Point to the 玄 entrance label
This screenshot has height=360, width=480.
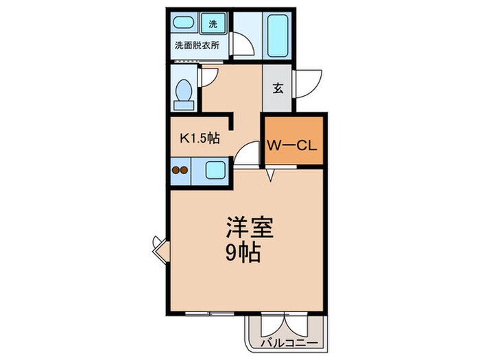(278, 88)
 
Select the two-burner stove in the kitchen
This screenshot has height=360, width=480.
(180, 170)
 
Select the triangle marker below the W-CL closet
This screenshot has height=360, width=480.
(272, 176)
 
